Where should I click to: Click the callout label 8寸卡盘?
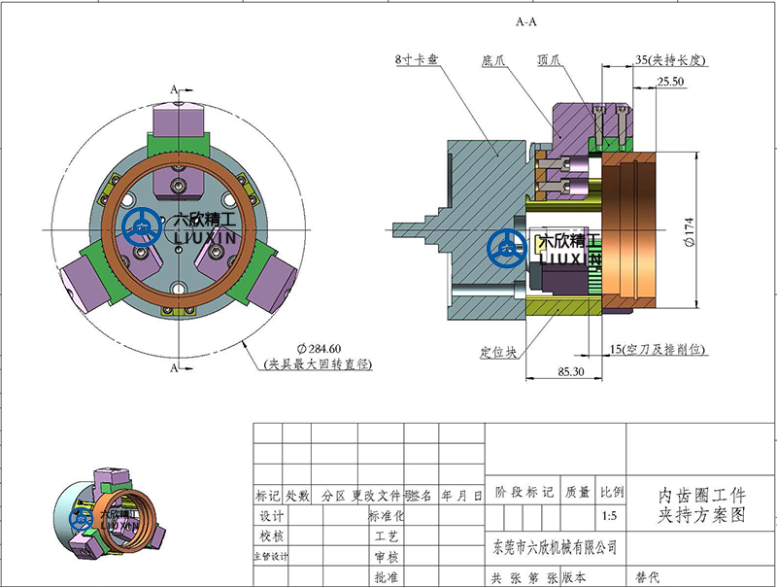tap(418, 59)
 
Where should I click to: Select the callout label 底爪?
tap(495, 59)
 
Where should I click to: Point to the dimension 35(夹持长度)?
tap(669, 59)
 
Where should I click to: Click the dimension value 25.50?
tap(671, 83)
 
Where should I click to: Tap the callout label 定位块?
tap(496, 351)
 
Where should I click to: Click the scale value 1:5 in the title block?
tap(609, 516)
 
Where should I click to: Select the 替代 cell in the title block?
tap(647, 577)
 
